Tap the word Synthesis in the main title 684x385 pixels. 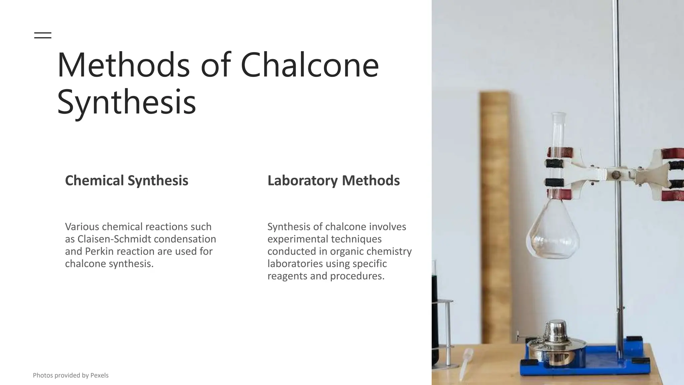(x=126, y=102)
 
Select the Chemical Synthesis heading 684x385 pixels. (x=127, y=180)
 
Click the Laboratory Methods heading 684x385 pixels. (x=333, y=180)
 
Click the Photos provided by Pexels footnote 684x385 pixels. (x=70, y=375)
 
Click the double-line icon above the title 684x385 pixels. (x=43, y=35)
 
